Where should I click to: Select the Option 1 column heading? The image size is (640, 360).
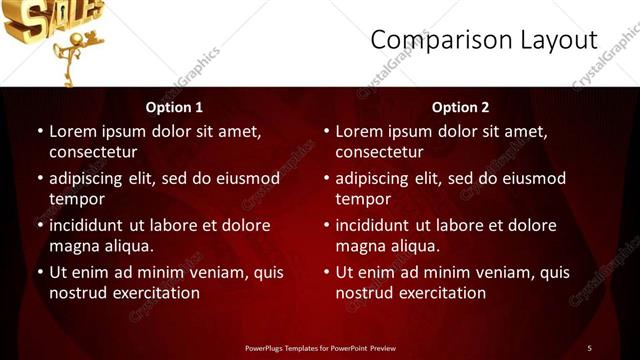(x=174, y=107)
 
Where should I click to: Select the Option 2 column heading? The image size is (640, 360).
(x=460, y=107)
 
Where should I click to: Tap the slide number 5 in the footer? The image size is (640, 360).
(x=589, y=347)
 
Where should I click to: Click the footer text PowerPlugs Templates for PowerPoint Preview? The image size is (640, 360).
(x=319, y=347)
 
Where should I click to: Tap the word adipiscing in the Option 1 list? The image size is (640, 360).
(x=91, y=179)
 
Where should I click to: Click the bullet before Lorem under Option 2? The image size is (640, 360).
(x=326, y=131)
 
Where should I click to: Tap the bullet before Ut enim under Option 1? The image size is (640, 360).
(x=40, y=272)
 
